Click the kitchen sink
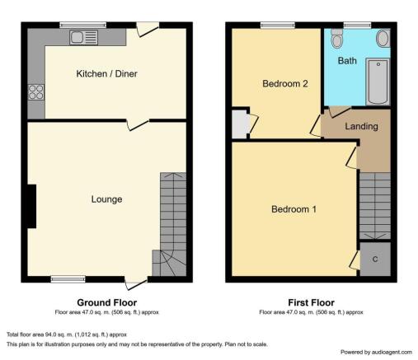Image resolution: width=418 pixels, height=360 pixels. coord(83,37)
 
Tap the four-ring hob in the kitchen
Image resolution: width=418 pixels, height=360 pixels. coord(36,92)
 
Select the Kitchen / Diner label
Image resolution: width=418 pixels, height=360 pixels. coord(106,73)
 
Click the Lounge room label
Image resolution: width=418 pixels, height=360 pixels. coord(106,199)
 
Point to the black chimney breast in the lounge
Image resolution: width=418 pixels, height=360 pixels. coord(31,206)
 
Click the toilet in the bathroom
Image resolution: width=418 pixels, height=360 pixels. coord(336,38)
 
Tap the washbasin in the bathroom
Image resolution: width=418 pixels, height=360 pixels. coord(383,39)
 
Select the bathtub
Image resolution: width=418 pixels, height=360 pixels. coord(378,82)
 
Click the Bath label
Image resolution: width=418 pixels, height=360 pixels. coord(347,61)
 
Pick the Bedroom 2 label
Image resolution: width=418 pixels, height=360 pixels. coord(285,83)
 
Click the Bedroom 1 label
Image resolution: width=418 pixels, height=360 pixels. coord(294,209)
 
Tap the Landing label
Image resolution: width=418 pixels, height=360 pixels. coord(361,126)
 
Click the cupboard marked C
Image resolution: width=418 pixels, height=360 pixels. coord(375,259)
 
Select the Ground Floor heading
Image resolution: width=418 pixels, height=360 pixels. coord(107,302)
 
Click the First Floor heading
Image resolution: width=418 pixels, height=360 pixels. coord(311,302)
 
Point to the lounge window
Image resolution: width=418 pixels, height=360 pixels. coord(68,279)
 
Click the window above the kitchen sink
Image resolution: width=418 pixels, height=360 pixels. coord(83,26)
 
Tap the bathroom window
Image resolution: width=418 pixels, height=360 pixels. coord(357,26)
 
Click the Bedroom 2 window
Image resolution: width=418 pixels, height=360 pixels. coord(278,26)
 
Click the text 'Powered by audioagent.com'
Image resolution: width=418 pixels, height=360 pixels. coord(376,352)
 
